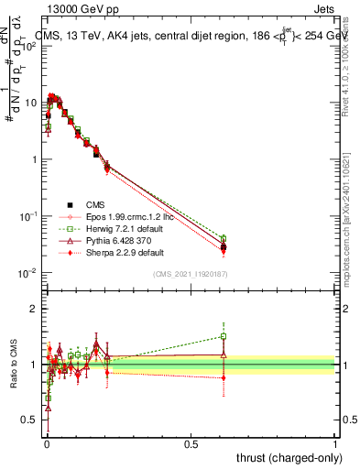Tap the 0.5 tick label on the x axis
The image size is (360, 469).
click(191, 443)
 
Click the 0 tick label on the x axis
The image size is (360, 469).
click(47, 443)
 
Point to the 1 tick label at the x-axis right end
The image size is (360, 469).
click(335, 443)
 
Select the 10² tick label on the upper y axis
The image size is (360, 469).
click(29, 45)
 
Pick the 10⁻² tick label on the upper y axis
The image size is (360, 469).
click(29, 273)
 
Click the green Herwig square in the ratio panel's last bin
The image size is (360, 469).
click(224, 336)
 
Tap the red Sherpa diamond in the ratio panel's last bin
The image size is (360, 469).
click(224, 377)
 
